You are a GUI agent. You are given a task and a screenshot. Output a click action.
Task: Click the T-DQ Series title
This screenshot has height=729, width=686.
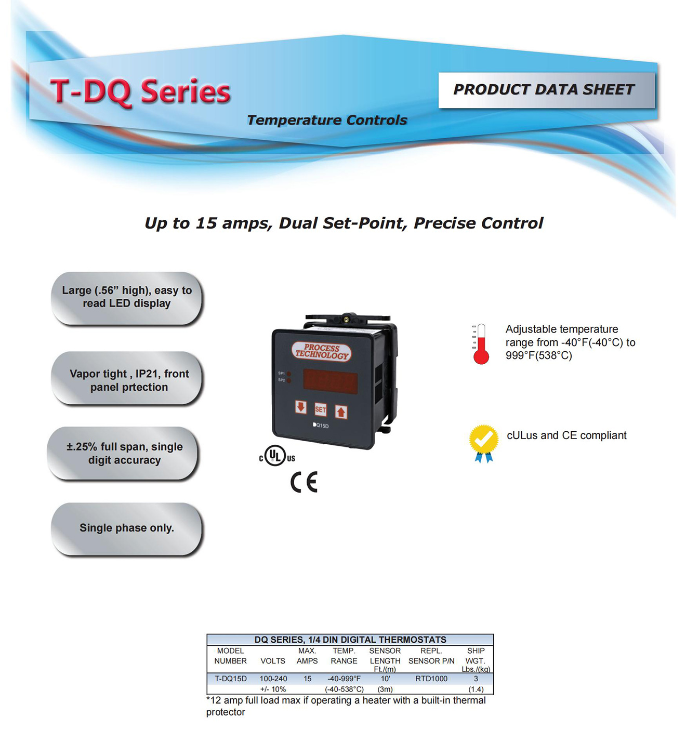(140, 92)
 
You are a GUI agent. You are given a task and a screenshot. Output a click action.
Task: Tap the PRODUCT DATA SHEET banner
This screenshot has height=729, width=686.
(546, 90)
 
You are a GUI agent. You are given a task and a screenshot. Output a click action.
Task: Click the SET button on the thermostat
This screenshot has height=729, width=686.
(320, 409)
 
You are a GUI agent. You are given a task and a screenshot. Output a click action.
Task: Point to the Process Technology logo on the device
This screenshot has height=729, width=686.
(322, 351)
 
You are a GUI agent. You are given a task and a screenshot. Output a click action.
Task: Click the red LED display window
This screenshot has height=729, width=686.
(330, 381)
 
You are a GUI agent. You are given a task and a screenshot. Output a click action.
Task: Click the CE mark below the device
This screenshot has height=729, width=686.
(304, 482)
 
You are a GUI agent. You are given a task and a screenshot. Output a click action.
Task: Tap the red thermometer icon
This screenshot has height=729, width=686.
(481, 344)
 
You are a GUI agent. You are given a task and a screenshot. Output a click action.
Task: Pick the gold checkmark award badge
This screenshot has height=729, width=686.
(484, 443)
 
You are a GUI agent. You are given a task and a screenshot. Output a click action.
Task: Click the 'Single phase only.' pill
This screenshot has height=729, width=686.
(126, 528)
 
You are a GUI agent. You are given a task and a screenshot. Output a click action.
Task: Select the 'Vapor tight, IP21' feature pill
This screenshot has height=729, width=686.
(126, 379)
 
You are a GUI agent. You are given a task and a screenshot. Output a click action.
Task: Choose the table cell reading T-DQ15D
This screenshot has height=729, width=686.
(231, 679)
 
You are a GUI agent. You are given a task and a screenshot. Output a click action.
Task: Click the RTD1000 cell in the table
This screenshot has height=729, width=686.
(431, 679)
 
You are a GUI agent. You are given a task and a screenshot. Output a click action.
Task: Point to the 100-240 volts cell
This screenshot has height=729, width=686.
(273, 679)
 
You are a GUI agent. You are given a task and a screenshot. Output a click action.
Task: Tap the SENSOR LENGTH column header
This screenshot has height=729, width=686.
(385, 660)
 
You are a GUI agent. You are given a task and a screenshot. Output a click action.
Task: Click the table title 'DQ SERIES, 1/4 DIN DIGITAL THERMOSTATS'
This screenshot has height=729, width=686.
(350, 640)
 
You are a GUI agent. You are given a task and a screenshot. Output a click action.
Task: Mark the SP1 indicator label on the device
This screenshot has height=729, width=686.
(281, 373)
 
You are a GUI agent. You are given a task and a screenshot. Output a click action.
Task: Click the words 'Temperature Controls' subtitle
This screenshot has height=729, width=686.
(327, 120)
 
